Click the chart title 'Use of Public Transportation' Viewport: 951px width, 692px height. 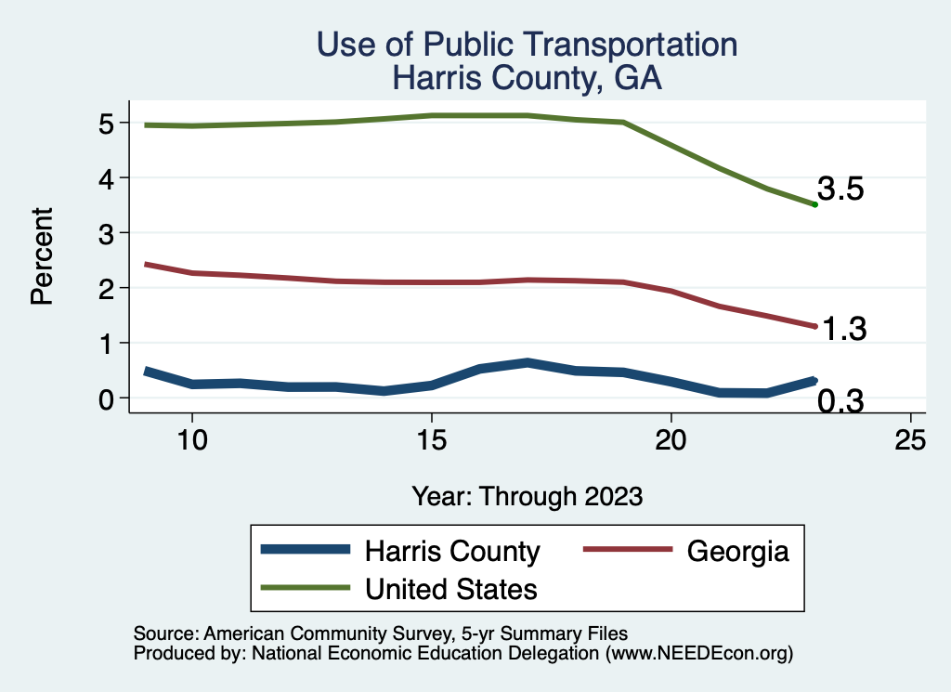[527, 45]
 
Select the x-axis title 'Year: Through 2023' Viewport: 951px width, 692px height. [527, 496]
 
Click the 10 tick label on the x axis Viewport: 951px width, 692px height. [191, 440]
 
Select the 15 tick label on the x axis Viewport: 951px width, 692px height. [431, 440]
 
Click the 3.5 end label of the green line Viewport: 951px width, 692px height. [841, 189]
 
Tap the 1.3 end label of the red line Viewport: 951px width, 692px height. [844, 329]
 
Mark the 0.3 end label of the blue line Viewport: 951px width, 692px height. [841, 401]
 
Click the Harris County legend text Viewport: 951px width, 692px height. [452, 551]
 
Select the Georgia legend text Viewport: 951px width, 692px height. [738, 551]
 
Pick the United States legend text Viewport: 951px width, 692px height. [451, 588]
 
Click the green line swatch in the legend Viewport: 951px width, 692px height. [306, 588]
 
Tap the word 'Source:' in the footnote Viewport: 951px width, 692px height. [163, 633]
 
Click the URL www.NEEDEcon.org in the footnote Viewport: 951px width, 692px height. [698, 654]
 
